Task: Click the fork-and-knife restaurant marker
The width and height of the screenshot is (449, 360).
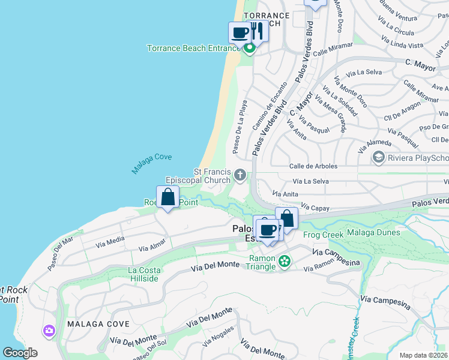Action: (x=258, y=31)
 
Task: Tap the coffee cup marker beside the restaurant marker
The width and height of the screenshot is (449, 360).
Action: (x=240, y=32)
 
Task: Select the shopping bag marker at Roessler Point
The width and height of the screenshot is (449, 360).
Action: (x=168, y=197)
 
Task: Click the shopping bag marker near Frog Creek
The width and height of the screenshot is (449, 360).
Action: (x=287, y=218)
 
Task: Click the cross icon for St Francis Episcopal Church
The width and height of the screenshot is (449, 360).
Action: (x=240, y=175)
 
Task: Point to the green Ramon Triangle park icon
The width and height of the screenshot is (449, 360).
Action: (x=285, y=261)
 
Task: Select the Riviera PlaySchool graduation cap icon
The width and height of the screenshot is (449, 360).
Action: (x=378, y=158)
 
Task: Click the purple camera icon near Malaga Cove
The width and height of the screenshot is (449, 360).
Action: (x=49, y=331)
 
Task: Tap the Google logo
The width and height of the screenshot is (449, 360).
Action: (x=20, y=353)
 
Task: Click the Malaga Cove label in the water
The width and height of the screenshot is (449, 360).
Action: (x=152, y=164)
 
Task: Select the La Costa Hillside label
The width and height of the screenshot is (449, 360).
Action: (x=143, y=274)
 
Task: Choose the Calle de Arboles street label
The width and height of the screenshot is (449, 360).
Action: (x=313, y=166)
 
